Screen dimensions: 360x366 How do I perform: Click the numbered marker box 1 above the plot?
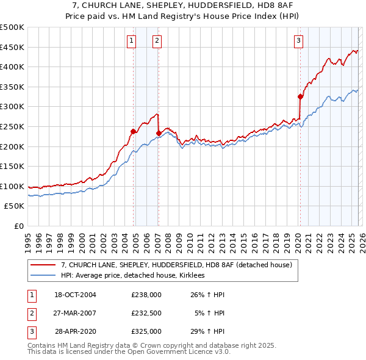(x=132, y=41)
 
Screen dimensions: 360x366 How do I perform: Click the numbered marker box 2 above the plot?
(x=157, y=41)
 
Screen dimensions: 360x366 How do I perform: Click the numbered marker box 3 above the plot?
(x=298, y=41)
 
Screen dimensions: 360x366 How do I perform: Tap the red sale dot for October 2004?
(x=133, y=131)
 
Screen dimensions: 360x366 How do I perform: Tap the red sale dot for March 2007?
(x=159, y=133)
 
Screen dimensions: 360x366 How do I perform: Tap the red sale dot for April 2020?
(x=300, y=96)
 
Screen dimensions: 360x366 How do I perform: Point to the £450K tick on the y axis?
(x=12, y=47)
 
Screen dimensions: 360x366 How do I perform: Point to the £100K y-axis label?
(x=12, y=186)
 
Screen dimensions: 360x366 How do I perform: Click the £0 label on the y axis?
(x=18, y=226)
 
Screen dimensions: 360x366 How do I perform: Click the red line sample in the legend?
(x=43, y=265)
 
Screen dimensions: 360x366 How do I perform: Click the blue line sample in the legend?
(x=43, y=276)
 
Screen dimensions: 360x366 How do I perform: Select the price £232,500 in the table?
(x=146, y=314)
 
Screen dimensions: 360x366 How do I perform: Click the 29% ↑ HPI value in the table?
(x=207, y=332)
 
